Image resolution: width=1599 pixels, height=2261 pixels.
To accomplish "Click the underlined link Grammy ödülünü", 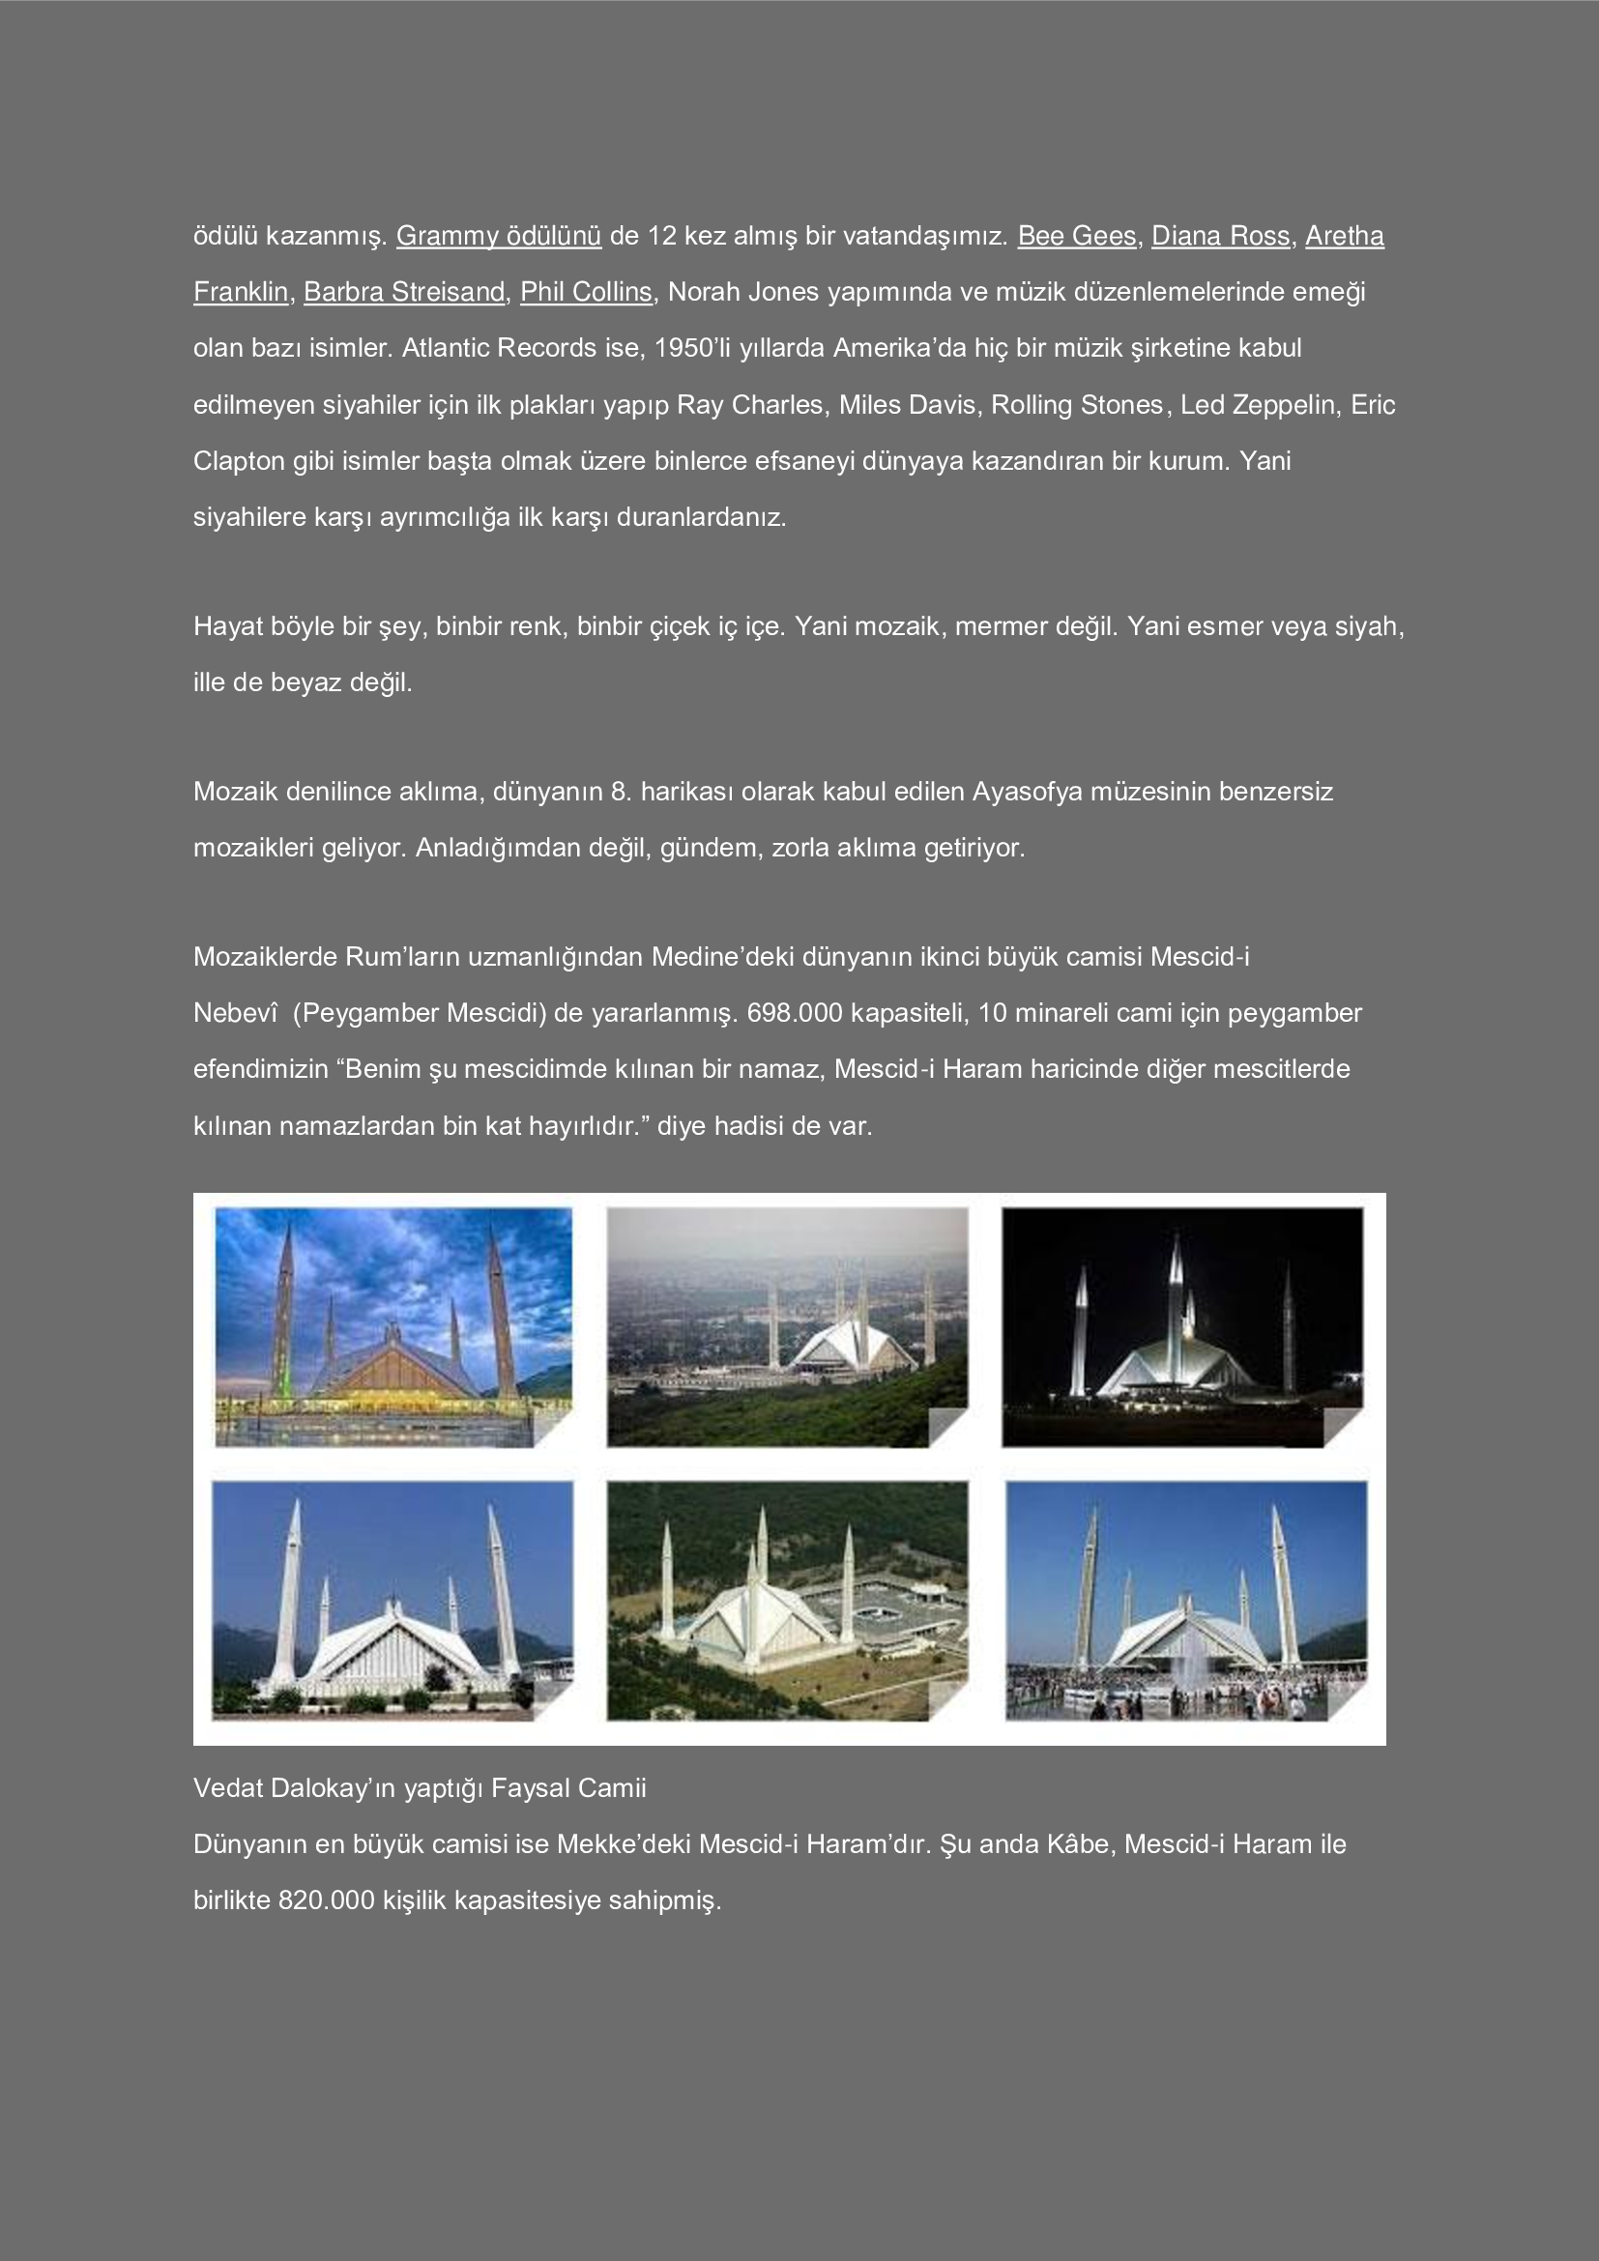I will pyautogui.click(x=498, y=236).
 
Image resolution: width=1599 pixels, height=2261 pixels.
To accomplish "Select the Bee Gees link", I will pyautogui.click(x=1076, y=236).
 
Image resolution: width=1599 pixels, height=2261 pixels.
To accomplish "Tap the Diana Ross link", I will pyautogui.click(x=1220, y=236).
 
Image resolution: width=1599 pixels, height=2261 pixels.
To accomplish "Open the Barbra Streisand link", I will pyautogui.click(x=404, y=293).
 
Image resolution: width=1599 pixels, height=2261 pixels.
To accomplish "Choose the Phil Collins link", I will pyautogui.click(x=586, y=293).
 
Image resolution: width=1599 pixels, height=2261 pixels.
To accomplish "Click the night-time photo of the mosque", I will pyautogui.click(x=1181, y=1326).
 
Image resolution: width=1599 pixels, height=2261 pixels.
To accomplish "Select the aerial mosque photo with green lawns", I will pyautogui.click(x=787, y=1600).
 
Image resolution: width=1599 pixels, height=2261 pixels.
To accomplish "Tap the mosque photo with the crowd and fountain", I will pyautogui.click(x=1185, y=1600).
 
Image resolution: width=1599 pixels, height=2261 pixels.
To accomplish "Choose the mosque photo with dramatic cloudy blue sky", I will pyautogui.click(x=392, y=1326).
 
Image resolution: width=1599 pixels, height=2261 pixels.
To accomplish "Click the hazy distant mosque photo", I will pyautogui.click(x=787, y=1326).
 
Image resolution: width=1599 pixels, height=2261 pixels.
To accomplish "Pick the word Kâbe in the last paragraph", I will pyautogui.click(x=1076, y=1844).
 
